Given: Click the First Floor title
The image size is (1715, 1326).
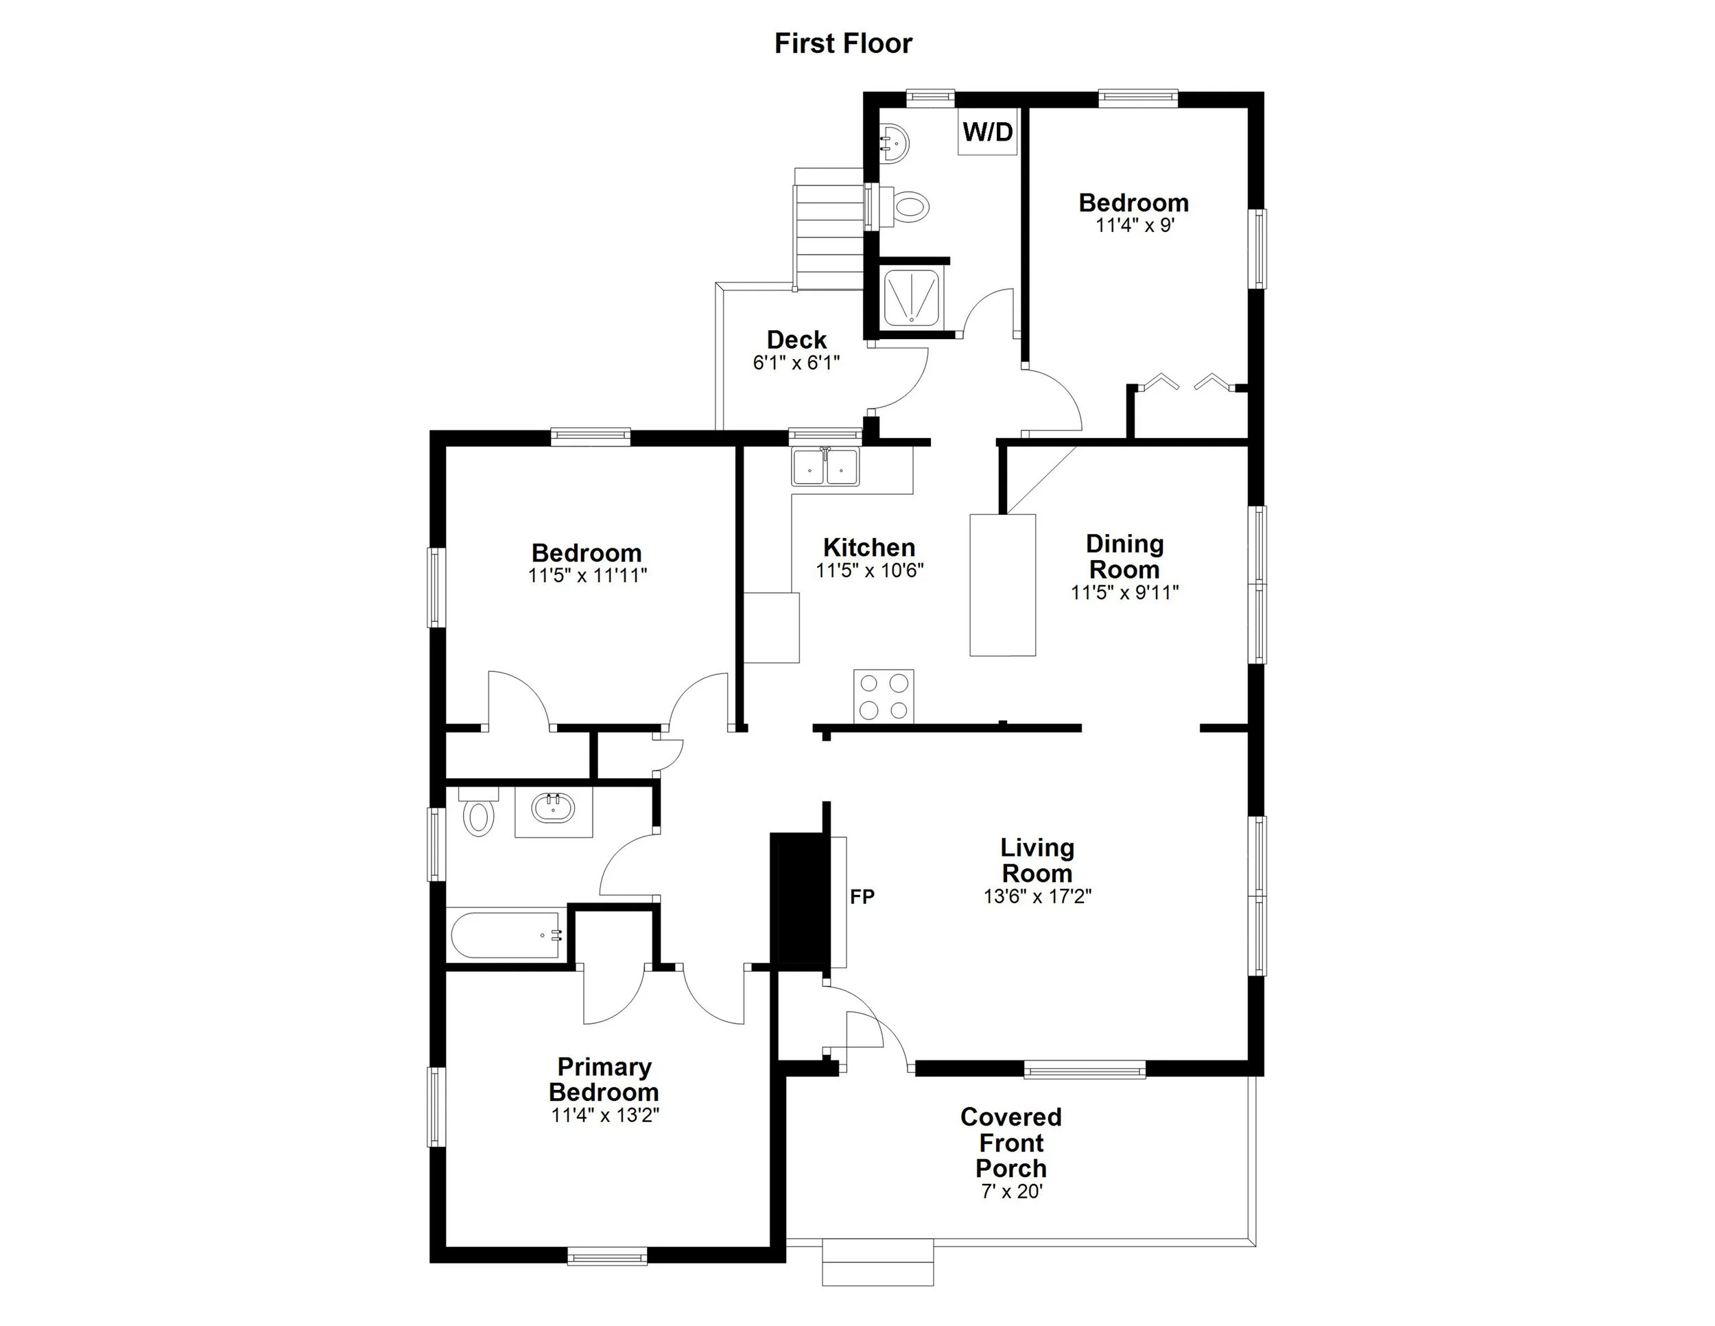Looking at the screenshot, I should point(842,43).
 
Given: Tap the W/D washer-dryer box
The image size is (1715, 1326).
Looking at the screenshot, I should point(987,132).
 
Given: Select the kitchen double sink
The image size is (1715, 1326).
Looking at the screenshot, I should point(825,467).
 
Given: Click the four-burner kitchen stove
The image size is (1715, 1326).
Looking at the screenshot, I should point(884,696).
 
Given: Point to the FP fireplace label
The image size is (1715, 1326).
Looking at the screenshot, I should point(862,896).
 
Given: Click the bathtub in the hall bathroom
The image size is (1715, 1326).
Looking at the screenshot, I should point(506,935).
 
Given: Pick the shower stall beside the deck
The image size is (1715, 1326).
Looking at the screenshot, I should point(912,298).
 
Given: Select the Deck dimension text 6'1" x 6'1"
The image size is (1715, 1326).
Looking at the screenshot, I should point(796,363).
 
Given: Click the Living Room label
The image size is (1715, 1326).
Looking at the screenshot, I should point(1037,860).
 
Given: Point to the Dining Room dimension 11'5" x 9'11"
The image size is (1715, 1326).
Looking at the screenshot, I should point(1124,592).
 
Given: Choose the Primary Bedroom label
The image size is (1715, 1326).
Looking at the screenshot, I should point(604,1080).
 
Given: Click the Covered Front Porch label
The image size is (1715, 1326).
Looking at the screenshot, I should point(1010,1142).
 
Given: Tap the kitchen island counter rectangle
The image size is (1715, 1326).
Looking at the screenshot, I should point(1002,585).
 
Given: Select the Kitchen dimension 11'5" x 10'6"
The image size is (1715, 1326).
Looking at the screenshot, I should point(869,570).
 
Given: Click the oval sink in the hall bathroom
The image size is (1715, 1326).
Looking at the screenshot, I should point(553,809).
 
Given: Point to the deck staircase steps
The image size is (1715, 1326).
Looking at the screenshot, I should point(828,228).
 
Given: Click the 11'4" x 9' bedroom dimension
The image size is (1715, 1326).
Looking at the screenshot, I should point(1135,225).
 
